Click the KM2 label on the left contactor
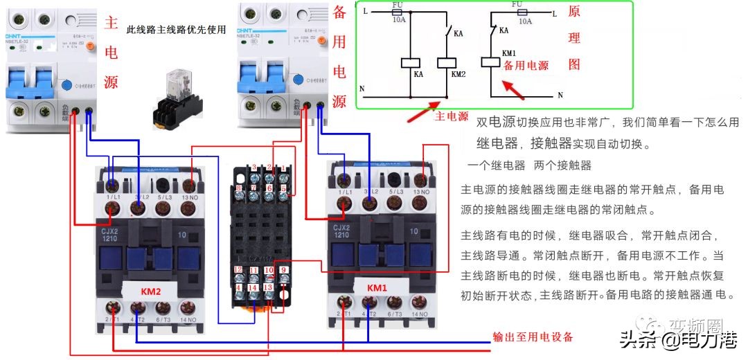tap(150, 292)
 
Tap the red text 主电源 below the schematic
tap(451, 117)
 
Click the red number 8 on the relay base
tap(239, 188)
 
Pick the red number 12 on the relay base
tap(238, 269)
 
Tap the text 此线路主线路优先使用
tap(176, 30)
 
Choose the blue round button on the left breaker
tap(67, 86)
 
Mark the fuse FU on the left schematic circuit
tap(398, 12)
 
